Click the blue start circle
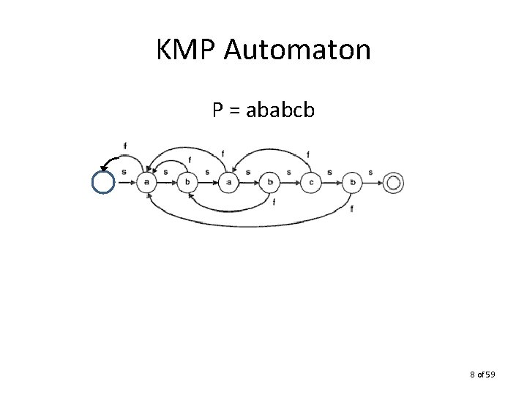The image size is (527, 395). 103,181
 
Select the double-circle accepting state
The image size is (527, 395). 394,182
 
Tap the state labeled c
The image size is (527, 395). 311,182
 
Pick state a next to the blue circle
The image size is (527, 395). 147,182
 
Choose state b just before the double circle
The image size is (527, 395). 353,182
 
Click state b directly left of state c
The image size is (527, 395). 270,182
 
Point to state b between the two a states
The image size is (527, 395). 188,182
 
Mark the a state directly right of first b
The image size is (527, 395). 229,182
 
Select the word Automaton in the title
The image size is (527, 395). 297,50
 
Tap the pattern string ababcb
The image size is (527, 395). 281,110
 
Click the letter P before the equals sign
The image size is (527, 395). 217,110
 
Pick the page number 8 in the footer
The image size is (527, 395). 472,375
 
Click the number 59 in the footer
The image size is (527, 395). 490,375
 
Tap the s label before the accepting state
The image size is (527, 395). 371,173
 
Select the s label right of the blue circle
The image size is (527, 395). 124,173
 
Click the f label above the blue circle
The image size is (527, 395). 125,146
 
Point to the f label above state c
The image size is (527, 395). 307,155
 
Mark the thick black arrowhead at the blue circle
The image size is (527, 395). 104,165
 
